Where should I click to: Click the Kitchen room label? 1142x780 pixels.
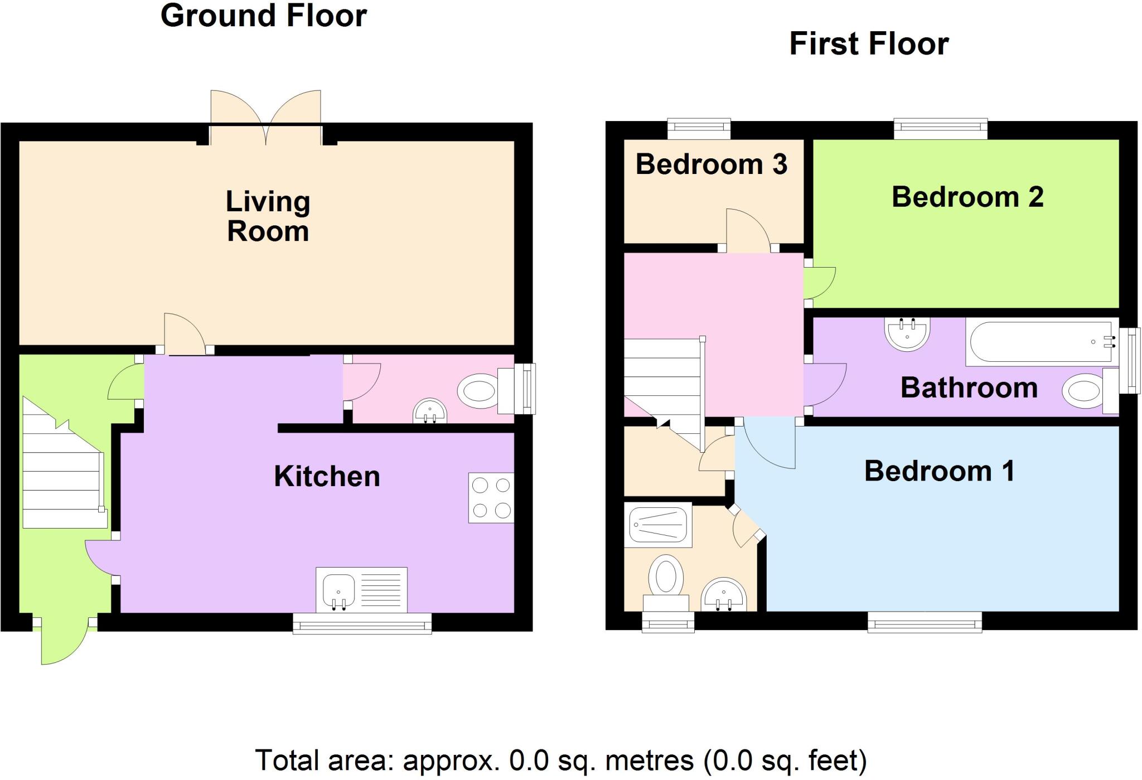pos(327,477)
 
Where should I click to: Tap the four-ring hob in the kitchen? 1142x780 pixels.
pos(491,497)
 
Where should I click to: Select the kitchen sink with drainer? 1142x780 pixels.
pos(361,589)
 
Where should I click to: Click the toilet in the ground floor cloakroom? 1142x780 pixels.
pos(478,390)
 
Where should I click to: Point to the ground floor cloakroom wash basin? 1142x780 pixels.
pos(429,411)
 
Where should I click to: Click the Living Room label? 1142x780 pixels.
pos(268,216)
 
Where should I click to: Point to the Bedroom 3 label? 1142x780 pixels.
pos(711,164)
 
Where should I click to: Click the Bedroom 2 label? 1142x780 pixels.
pos(967,197)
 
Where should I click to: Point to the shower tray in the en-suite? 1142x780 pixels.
pos(658,525)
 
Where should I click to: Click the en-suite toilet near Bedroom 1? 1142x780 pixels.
pos(666,577)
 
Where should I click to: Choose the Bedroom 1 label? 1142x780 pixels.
pos(939,471)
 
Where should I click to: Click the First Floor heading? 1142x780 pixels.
pos(869,44)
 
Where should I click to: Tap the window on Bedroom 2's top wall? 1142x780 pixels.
pos(941,129)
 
